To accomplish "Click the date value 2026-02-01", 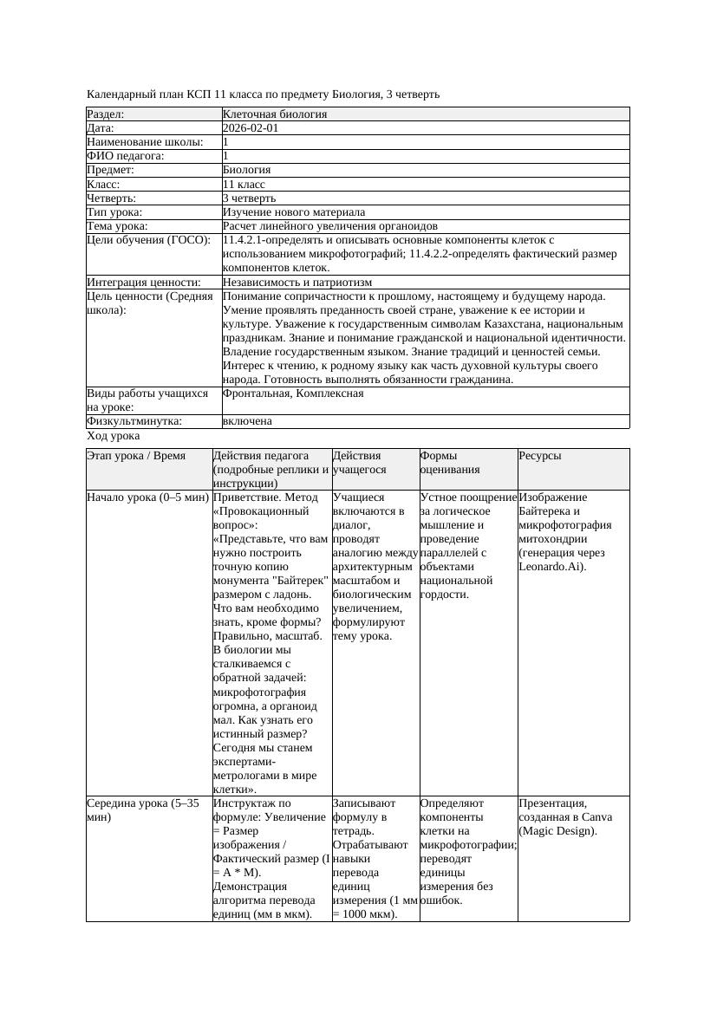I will [251, 128].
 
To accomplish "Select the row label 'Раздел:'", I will [106, 114].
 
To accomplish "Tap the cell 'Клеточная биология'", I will [274, 114].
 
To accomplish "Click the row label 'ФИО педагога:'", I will [126, 156].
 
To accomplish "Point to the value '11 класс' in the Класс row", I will [244, 185].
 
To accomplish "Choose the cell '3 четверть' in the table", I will [249, 198].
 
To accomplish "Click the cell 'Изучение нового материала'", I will [293, 212].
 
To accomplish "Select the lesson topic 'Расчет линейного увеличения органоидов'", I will [323, 226].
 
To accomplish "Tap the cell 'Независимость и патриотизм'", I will [297, 283].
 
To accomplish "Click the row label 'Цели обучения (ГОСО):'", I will [148, 240].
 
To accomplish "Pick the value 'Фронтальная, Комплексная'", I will [293, 393].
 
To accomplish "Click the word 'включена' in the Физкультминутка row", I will [247, 421].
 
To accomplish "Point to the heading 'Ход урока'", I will [114, 437].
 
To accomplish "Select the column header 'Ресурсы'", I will [540, 456].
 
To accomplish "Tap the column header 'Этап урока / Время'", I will [136, 456].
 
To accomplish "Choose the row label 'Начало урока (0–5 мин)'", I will [148, 497].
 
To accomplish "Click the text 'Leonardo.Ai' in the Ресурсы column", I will [550, 567].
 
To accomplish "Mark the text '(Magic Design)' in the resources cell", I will [557, 831].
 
